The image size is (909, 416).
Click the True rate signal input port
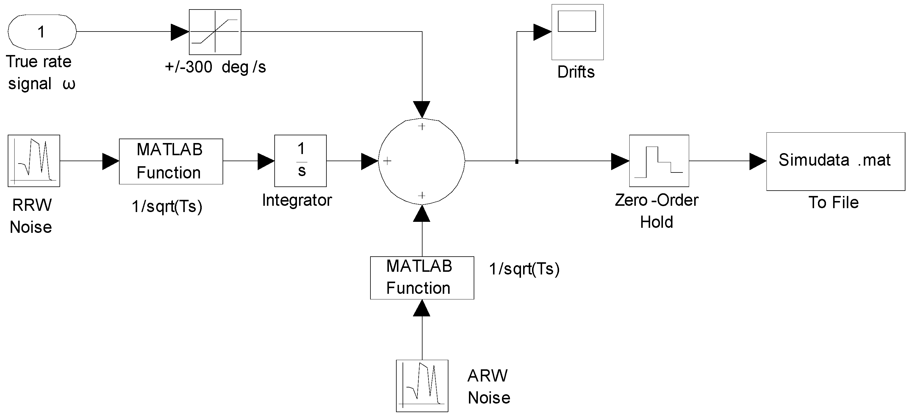pos(42,32)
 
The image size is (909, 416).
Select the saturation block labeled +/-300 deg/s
pos(215,32)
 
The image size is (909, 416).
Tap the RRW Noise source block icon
pos(34,161)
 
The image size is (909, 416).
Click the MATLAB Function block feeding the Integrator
pos(171,161)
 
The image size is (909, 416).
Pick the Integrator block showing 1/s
pos(300,161)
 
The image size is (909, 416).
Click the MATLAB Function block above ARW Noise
pos(422,278)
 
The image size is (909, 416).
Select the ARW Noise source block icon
pos(422,386)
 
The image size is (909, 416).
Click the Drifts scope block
pos(577,32)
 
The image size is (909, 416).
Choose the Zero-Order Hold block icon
pos(659,161)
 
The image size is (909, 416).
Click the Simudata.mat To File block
pos(835,161)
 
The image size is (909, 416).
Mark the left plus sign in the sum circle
pos(387,161)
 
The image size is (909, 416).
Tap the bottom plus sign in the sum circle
pos(422,195)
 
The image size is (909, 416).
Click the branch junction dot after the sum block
pos(517,161)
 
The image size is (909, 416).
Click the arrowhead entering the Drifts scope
pos(542,32)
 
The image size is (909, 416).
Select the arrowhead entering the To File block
pos(757,161)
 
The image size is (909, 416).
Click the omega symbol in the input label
pos(69,84)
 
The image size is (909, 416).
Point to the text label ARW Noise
pos(489,386)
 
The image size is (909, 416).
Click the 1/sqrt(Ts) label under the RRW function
pos(167,206)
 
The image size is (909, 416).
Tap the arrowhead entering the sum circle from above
pos(422,109)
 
